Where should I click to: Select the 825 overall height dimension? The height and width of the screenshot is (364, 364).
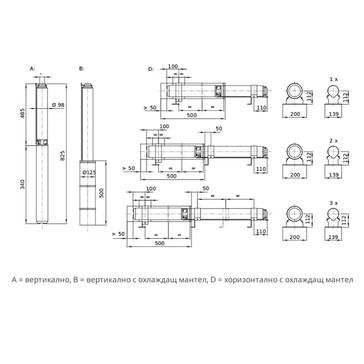point(63,155)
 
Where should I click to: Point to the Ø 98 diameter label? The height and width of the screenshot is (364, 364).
point(58,105)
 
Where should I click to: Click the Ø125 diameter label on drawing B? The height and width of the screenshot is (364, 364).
point(89,172)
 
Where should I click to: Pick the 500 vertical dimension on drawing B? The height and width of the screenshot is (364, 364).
point(102,193)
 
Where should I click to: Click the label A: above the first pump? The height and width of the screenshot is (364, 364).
point(32,69)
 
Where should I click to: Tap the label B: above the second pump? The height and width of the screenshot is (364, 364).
point(81,69)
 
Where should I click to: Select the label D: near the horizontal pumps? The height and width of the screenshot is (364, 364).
point(151,69)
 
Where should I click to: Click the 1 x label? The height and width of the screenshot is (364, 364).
point(334,79)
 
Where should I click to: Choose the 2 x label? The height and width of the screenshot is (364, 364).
point(334,141)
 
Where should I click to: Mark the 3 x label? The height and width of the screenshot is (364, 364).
point(334,203)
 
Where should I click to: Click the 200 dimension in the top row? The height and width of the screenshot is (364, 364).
point(295,114)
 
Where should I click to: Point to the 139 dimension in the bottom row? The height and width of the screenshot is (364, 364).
point(333,237)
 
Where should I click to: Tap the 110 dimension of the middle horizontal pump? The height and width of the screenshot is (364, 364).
point(261,169)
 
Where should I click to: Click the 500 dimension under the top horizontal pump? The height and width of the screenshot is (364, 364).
point(192,115)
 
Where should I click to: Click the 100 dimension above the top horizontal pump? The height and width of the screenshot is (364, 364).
point(173,66)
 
